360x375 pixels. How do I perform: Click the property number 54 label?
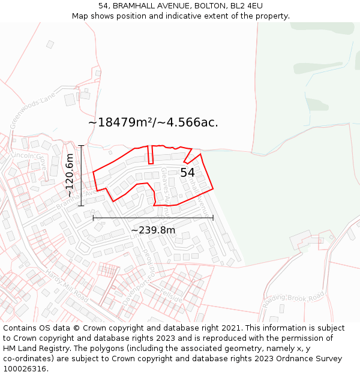click(x=187, y=173)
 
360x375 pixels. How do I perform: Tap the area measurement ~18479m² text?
click(x=121, y=122)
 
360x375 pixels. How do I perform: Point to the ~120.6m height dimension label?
click(x=70, y=175)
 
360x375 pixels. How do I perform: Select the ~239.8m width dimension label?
click(x=153, y=230)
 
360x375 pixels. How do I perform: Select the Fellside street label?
click(x=171, y=294)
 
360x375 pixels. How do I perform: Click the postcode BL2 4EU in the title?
click(x=247, y=6)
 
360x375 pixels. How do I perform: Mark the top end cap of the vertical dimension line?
click(x=81, y=145)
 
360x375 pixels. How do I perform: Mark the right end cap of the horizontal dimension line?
click(x=213, y=218)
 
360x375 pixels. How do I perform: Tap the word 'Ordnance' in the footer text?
click(x=292, y=359)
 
